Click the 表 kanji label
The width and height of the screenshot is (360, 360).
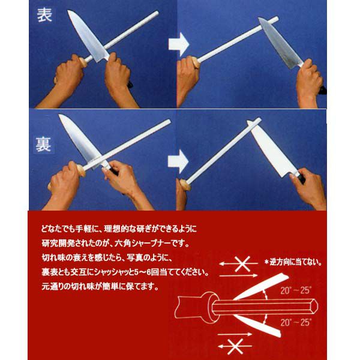point(44,15)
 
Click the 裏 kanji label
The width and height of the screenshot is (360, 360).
point(43,145)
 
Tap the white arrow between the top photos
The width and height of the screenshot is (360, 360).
point(179,44)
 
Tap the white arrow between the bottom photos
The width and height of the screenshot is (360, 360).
point(178,161)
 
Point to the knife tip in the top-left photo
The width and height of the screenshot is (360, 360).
point(68,10)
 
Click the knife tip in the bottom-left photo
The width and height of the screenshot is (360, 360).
point(59,115)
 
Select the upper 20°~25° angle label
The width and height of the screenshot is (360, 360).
point(296,290)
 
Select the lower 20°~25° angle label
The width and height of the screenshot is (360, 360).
point(296,322)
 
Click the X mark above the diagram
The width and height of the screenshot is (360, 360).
point(242,263)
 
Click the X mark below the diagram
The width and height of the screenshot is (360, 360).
point(235,346)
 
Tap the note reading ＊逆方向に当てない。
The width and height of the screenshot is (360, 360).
point(293,262)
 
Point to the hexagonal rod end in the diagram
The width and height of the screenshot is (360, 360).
point(314,306)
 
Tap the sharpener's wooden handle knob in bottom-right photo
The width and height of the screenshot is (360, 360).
point(185,185)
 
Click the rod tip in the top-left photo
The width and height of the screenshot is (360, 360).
point(157,13)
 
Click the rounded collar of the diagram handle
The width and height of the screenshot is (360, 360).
point(212,307)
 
